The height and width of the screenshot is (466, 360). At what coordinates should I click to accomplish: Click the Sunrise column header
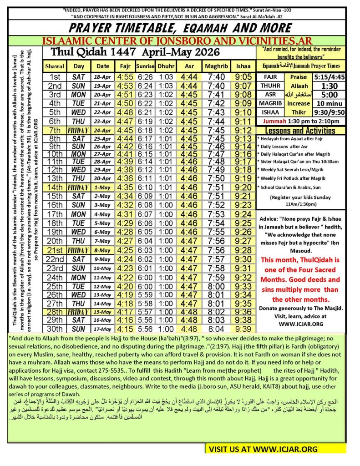145,66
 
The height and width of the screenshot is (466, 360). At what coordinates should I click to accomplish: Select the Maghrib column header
216,66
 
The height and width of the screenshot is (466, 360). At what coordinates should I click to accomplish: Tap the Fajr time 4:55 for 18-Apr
124,77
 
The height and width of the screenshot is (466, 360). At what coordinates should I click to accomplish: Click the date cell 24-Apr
102,130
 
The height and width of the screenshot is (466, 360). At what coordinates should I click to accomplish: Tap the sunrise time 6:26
145,77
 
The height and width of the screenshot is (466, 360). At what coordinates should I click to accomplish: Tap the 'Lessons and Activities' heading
303,131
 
